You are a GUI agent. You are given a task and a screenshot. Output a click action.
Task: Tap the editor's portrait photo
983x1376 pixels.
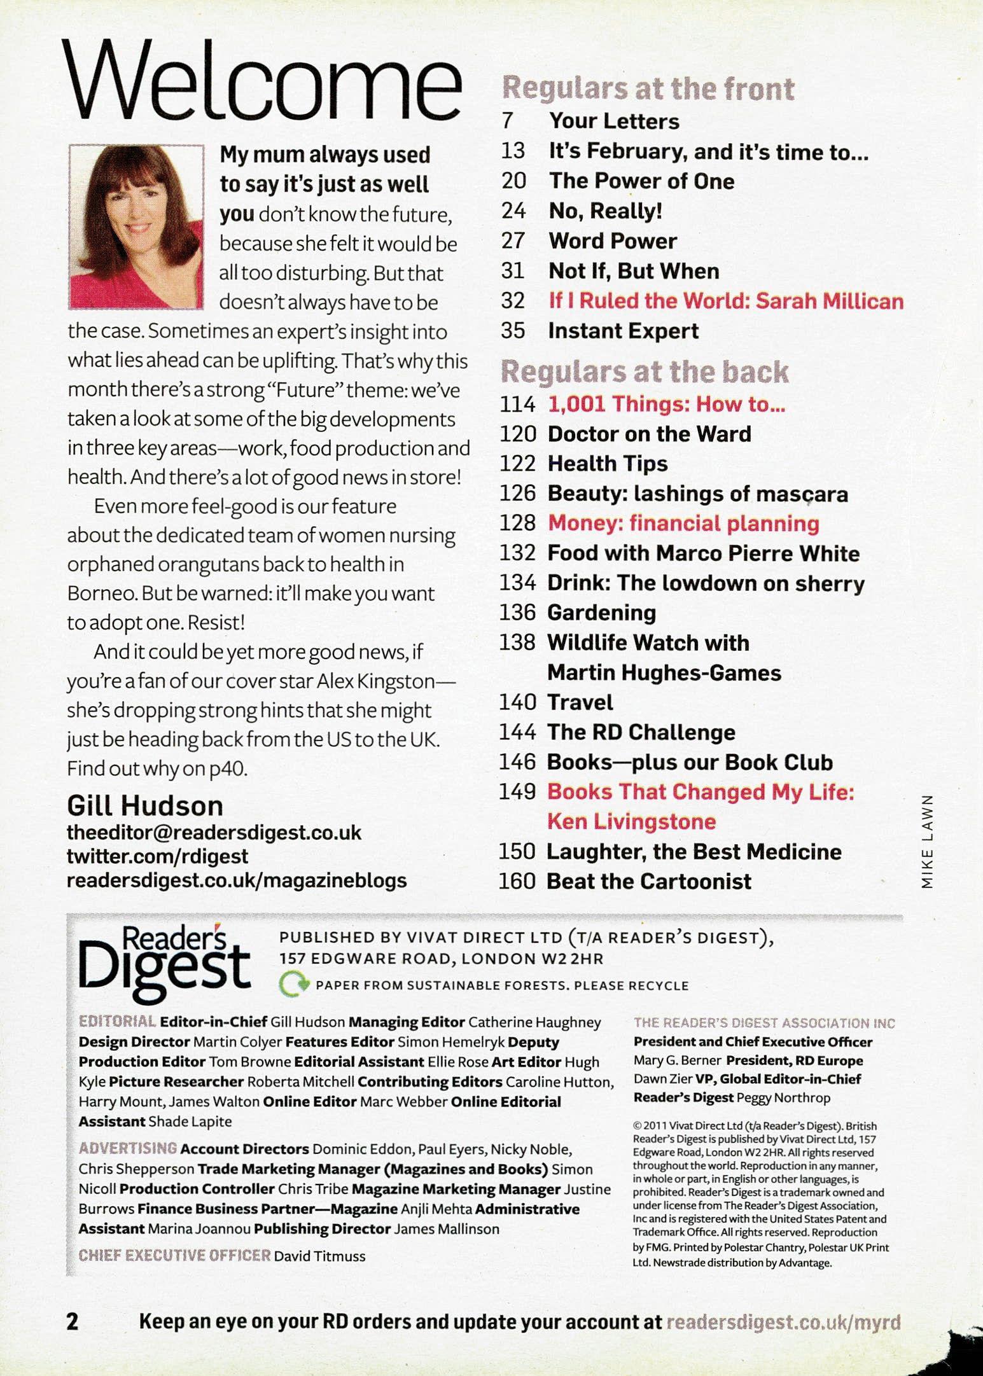click(x=136, y=227)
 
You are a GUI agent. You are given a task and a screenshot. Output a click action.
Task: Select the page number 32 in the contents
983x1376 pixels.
click(x=513, y=300)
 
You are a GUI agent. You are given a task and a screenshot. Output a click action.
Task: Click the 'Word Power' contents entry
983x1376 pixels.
click(x=612, y=241)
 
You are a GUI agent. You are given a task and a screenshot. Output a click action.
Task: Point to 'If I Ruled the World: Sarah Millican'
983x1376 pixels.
click(x=725, y=300)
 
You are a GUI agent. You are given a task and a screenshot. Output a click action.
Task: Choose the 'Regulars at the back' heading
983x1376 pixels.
click(x=645, y=372)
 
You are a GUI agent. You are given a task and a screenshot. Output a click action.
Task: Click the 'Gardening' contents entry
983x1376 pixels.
click(x=601, y=613)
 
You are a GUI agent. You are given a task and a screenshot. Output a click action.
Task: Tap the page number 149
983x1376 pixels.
click(x=517, y=792)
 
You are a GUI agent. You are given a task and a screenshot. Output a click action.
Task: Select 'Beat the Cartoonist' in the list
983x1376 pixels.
click(x=649, y=881)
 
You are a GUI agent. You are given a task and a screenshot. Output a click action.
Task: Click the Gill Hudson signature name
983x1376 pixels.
click(x=145, y=806)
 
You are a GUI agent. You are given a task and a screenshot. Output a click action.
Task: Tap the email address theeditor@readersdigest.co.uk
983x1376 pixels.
click(x=214, y=833)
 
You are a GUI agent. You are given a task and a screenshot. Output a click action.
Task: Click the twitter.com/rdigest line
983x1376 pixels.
click(x=157, y=856)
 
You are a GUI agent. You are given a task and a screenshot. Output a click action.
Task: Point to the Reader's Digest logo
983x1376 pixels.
click(x=164, y=963)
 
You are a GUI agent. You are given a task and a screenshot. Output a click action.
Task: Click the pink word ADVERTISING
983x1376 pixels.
click(x=127, y=1149)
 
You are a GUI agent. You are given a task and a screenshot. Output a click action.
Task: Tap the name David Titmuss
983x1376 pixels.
click(x=319, y=1256)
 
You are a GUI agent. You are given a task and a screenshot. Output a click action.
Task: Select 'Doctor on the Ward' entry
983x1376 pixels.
click(x=649, y=434)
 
